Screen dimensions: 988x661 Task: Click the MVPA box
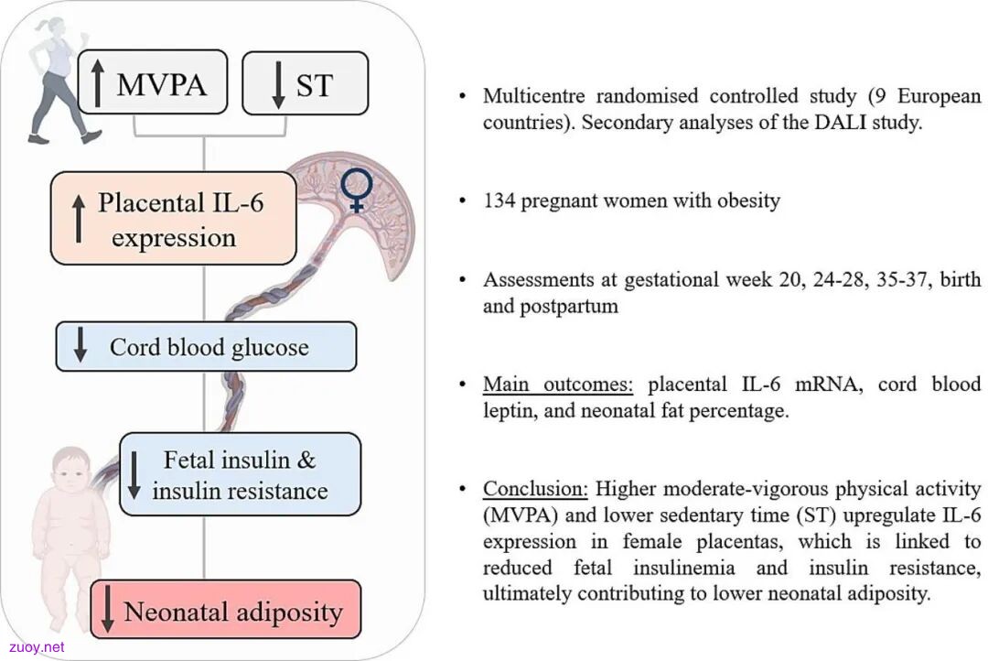coord(153,82)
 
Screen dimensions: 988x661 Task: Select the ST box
coord(306,83)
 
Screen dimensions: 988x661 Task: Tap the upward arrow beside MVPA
coord(97,82)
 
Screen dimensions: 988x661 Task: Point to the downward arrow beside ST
coord(278,84)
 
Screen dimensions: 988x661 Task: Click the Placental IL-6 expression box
coord(173,218)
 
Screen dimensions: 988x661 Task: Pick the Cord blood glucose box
coord(206,346)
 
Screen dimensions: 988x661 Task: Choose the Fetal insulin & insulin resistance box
coord(240,474)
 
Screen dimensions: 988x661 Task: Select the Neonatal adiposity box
coord(226,610)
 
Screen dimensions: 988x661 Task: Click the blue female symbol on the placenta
coord(357,190)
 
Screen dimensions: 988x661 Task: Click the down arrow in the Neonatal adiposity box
coord(108,609)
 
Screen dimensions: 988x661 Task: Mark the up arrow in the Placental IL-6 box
coord(78,218)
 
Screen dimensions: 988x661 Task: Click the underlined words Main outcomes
coord(558,385)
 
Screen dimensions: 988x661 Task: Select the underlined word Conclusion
coord(535,489)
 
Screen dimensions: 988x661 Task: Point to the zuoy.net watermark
coord(37,647)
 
